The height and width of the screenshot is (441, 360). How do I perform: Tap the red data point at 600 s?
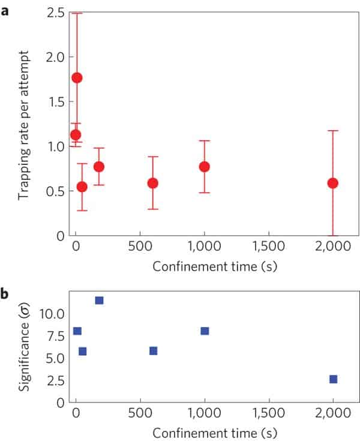tap(152, 182)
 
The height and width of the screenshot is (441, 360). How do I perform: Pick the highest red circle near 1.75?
tap(77, 77)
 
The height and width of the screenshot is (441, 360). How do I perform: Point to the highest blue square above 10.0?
tap(99, 300)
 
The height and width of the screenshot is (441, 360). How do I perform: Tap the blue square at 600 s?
tap(153, 350)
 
